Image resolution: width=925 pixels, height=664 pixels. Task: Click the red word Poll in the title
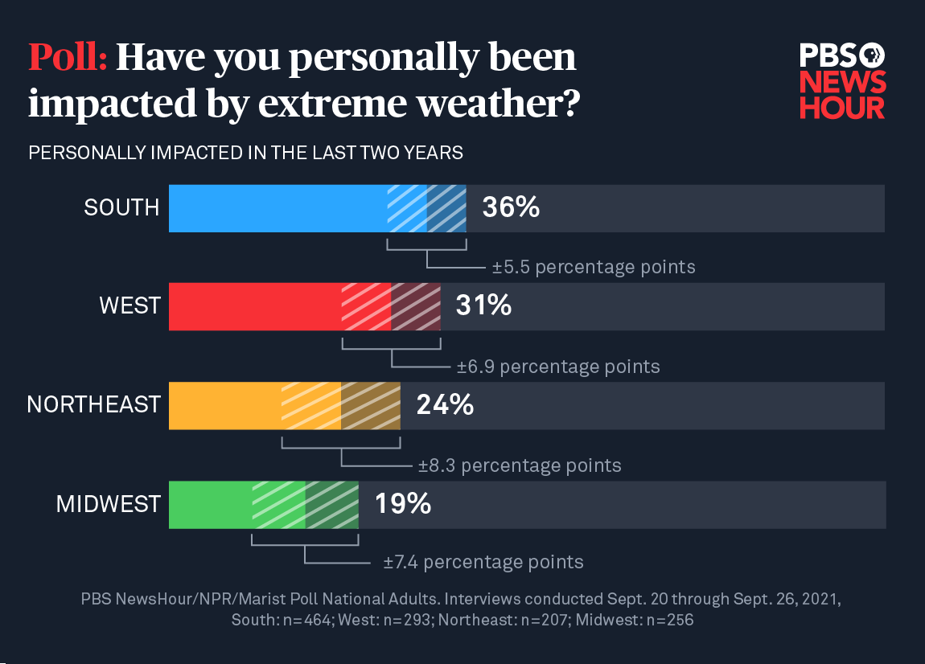(x=68, y=58)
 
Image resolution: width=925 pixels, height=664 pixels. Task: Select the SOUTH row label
(x=121, y=208)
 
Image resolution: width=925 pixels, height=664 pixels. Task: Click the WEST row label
(x=129, y=306)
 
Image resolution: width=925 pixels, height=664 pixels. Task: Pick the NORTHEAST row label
(x=93, y=404)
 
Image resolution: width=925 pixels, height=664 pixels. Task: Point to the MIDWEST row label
(x=108, y=504)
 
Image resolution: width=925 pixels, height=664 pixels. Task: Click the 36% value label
(x=510, y=208)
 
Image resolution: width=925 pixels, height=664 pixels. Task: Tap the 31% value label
(x=483, y=305)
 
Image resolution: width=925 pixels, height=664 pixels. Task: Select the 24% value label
(x=445, y=404)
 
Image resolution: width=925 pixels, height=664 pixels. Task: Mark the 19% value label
(x=403, y=504)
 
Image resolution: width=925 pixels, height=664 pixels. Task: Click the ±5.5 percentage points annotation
(x=594, y=267)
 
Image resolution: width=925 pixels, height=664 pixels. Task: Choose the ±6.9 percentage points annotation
(x=558, y=367)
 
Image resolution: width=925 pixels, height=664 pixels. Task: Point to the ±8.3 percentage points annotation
(x=520, y=465)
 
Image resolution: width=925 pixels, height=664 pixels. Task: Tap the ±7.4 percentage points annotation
(x=483, y=562)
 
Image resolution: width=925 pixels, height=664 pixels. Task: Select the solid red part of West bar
(x=254, y=306)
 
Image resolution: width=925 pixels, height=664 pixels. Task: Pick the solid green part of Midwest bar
(x=209, y=505)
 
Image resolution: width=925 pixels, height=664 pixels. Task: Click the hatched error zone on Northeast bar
(x=341, y=405)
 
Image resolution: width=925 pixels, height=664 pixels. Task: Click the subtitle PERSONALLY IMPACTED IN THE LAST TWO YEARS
(x=245, y=153)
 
